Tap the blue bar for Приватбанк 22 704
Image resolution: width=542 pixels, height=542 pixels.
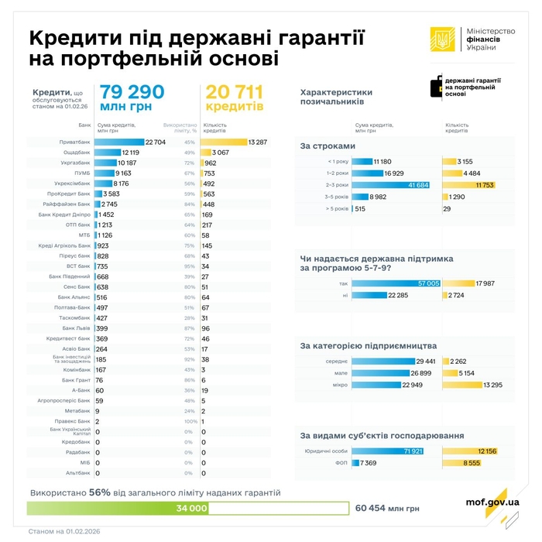pos(120,142)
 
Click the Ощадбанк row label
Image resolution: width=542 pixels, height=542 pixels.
pos(77,153)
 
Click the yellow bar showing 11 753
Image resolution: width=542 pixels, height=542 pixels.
pos(468,185)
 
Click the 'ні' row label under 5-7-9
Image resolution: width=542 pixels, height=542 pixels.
pos(344,295)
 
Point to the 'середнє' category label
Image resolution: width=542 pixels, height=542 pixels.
pos(336,361)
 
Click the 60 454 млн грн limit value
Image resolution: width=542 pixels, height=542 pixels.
pos(387,509)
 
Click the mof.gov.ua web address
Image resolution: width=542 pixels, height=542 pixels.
pos(492,502)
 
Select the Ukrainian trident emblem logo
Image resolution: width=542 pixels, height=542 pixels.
pos(444,39)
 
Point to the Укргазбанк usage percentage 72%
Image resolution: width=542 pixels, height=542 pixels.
pos(189,163)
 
